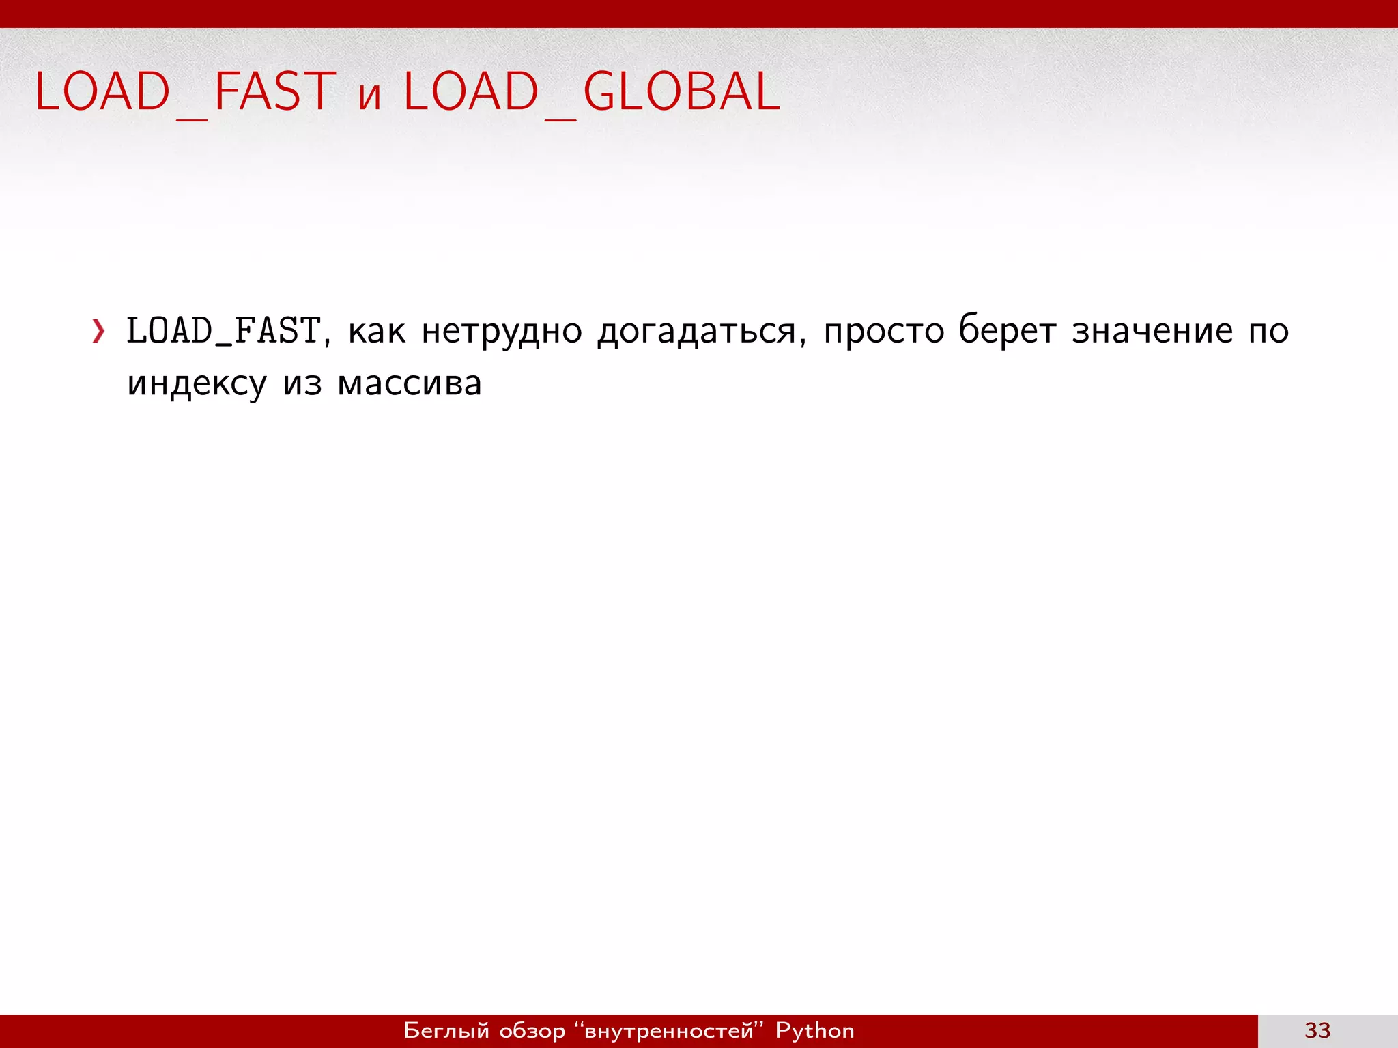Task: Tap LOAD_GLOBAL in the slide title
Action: point(591,91)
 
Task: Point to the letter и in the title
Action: point(369,96)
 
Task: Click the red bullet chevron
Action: point(99,332)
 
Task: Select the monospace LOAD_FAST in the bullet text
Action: point(223,331)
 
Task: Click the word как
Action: point(377,332)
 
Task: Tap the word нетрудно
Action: point(502,332)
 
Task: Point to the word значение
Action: point(1152,332)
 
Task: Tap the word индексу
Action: point(197,383)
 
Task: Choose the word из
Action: point(302,383)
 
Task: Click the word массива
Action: point(410,383)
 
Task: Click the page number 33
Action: point(1317,1030)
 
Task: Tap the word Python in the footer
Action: point(814,1030)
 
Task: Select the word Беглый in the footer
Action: point(446,1030)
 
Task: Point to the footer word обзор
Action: point(532,1030)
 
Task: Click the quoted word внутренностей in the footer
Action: point(669,1030)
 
